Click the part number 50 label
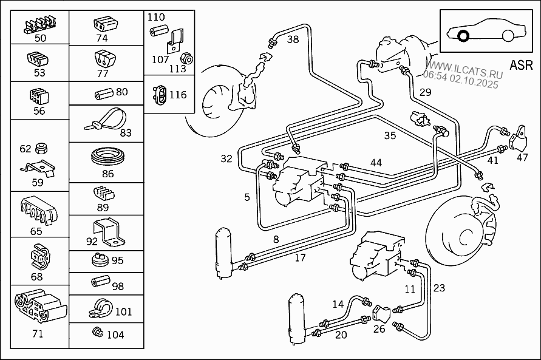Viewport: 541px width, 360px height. pyautogui.click(x=40, y=38)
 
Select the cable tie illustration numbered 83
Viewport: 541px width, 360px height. pyautogui.click(x=106, y=120)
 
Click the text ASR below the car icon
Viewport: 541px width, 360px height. pyautogui.click(x=520, y=65)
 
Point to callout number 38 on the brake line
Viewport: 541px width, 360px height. pyautogui.click(x=293, y=40)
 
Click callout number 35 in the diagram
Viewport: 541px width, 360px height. pyautogui.click(x=390, y=135)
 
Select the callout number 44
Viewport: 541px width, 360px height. pyautogui.click(x=376, y=162)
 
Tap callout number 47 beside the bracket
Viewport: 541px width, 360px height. pyautogui.click(x=522, y=157)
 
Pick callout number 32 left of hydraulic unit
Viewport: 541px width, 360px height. pyautogui.click(x=226, y=159)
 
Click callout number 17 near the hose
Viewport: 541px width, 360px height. pyautogui.click(x=300, y=258)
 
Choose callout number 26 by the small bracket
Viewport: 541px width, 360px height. pyautogui.click(x=379, y=330)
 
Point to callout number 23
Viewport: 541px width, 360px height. pyautogui.click(x=439, y=288)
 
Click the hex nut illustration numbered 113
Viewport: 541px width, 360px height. pyautogui.click(x=188, y=58)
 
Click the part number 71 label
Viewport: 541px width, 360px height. pyautogui.click(x=37, y=333)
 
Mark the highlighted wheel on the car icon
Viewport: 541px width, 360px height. pyautogui.click(x=463, y=36)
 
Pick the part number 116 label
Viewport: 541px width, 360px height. pyautogui.click(x=178, y=95)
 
